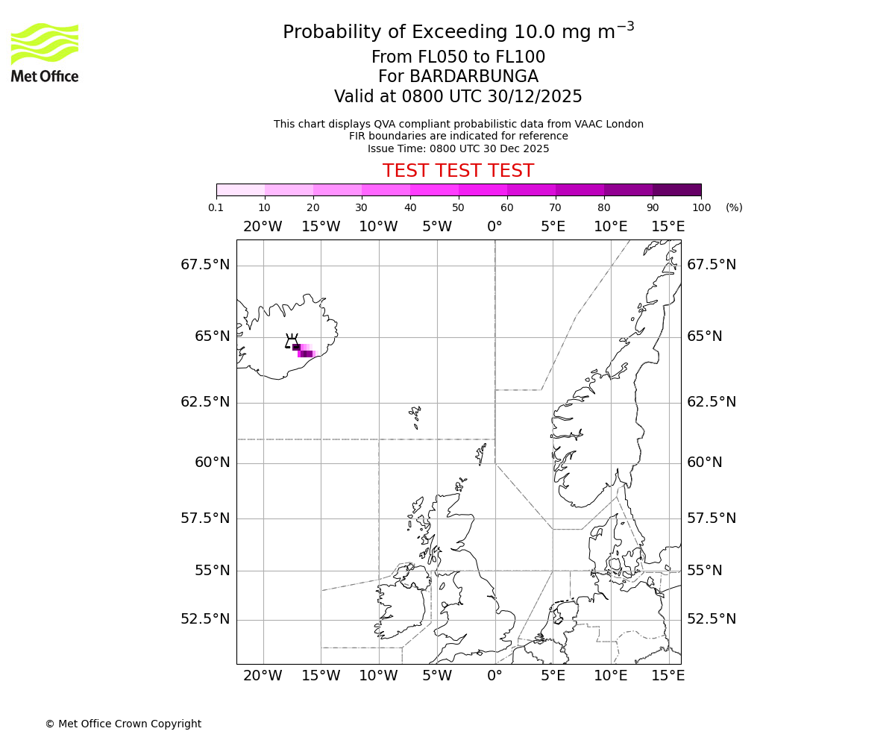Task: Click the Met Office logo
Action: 45,52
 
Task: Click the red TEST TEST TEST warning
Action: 458,171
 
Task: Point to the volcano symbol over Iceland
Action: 291,342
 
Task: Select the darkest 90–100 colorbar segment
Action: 676,189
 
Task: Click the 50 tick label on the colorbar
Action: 458,207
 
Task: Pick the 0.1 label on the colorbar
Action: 216,207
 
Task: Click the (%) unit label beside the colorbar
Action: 734,207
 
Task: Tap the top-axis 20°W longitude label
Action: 263,227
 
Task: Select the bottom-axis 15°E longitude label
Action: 668,676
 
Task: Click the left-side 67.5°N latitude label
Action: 205,265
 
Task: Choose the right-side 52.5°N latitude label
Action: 712,619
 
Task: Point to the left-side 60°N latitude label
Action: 213,463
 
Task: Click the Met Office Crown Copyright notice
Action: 123,724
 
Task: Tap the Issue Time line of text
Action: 458,148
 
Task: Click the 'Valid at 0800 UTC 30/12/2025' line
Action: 458,97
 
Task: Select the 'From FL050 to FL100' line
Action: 458,57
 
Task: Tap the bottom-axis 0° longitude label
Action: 494,676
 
